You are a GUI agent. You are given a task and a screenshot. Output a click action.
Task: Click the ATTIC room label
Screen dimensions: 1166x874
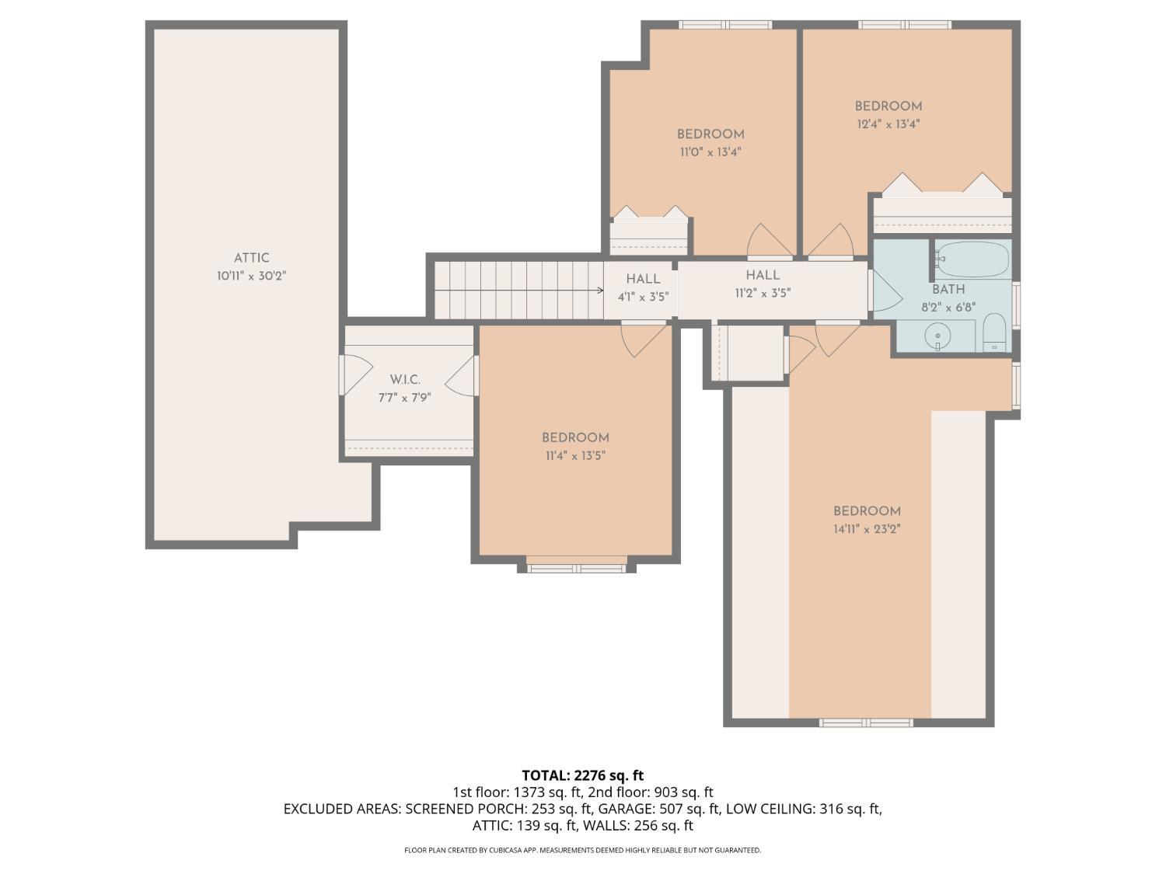tap(251, 258)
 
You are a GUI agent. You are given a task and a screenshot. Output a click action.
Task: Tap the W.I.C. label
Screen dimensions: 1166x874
tap(405, 379)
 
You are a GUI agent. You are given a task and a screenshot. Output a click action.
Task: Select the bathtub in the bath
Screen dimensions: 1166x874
tap(972, 259)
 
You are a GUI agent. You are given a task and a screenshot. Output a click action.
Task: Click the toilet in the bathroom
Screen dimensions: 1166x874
tap(994, 333)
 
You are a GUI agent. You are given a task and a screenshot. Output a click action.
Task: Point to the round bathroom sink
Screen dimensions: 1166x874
tap(937, 336)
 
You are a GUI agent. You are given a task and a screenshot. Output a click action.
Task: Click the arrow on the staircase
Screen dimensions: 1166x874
tap(599, 291)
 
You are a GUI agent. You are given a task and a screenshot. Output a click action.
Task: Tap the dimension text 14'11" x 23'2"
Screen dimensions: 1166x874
tap(867, 529)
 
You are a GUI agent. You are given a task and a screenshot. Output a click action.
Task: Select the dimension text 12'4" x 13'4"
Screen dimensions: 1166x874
tap(888, 124)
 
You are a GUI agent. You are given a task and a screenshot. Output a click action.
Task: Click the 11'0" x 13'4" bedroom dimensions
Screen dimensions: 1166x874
tap(710, 152)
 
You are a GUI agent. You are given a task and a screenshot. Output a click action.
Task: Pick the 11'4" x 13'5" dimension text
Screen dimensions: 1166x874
tap(575, 456)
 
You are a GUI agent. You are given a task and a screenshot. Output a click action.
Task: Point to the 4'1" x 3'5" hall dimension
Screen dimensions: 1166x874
tap(643, 298)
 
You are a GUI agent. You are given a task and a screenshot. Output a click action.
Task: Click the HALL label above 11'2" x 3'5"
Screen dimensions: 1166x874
tap(763, 275)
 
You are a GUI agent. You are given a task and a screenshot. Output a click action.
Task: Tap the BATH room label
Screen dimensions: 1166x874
tap(948, 289)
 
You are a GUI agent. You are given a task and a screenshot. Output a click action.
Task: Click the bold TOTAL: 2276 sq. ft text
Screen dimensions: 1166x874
tap(583, 775)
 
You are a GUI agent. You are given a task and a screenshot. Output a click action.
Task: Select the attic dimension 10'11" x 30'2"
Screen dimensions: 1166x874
tap(251, 276)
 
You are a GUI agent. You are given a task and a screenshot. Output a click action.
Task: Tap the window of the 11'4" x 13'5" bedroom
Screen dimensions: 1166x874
tap(576, 569)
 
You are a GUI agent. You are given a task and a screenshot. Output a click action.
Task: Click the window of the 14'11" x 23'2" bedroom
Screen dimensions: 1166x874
tap(866, 723)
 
